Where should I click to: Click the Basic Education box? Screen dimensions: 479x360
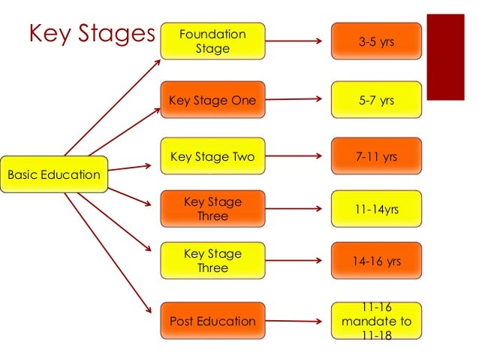(x=54, y=174)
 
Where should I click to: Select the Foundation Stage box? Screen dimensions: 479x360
(x=212, y=42)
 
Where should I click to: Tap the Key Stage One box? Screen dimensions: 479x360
(x=212, y=100)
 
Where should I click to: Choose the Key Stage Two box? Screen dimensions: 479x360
(x=212, y=157)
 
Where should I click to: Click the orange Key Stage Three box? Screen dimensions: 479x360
(x=212, y=209)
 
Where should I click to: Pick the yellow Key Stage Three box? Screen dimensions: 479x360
(x=212, y=261)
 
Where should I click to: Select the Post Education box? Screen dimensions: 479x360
(x=212, y=321)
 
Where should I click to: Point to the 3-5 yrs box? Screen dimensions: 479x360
(x=375, y=42)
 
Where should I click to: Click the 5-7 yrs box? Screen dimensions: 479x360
(x=375, y=100)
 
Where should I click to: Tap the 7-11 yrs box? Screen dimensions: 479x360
(x=375, y=157)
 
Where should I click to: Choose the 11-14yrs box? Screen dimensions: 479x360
(x=375, y=209)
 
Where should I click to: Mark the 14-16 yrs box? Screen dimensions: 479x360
(x=375, y=261)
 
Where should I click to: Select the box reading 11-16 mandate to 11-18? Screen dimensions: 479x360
(x=375, y=321)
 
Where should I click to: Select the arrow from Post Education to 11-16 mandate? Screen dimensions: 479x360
(x=297, y=321)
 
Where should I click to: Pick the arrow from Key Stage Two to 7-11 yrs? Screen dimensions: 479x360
(x=297, y=157)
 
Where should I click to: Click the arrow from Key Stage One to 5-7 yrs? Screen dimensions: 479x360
(x=297, y=99)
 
